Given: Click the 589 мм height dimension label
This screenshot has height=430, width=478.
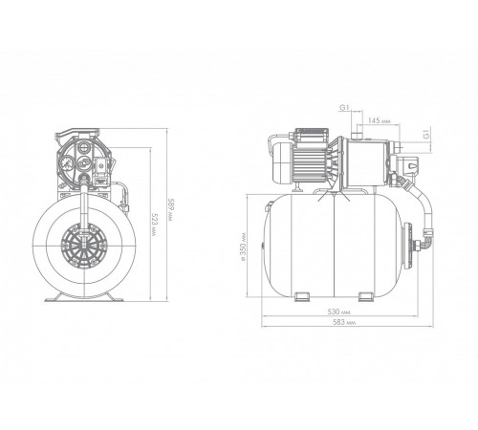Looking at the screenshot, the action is (170, 210).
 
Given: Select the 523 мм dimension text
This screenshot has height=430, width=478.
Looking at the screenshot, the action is (154, 225).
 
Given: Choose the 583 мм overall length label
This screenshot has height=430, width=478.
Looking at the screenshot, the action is (344, 322).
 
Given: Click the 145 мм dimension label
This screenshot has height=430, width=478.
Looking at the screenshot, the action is (379, 120).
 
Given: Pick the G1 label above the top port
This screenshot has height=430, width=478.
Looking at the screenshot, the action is (344, 108).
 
